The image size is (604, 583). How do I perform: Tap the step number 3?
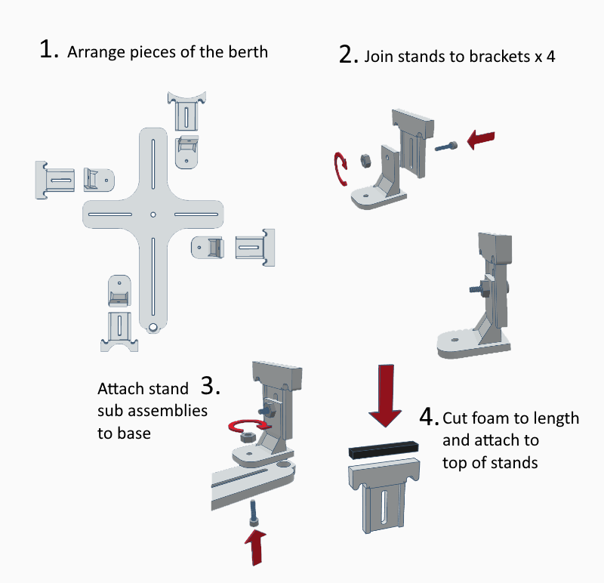(x=211, y=386)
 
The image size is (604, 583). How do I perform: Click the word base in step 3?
(x=134, y=433)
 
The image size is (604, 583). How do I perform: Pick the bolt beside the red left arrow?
(x=446, y=147)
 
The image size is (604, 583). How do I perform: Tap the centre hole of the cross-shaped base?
(x=153, y=214)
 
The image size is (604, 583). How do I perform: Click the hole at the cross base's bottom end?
(x=153, y=328)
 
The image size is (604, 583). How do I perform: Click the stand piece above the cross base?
(x=185, y=111)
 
